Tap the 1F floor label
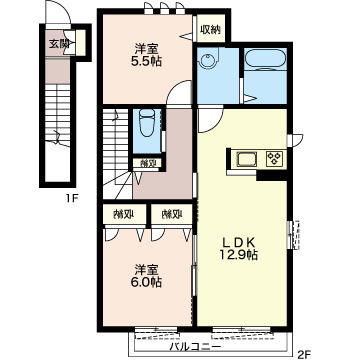point(72,199)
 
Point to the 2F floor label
point(304,353)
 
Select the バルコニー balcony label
point(195,347)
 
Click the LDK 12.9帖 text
point(238,248)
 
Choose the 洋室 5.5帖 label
point(146,55)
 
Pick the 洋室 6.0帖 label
point(146,276)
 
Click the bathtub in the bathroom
point(265,59)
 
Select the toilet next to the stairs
point(147,122)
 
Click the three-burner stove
point(275,158)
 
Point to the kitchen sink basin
point(247,159)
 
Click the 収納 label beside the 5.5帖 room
point(211,30)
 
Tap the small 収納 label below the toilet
point(147,163)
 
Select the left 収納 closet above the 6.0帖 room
point(124,214)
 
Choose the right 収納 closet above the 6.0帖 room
point(172,214)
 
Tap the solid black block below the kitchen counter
point(272,175)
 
